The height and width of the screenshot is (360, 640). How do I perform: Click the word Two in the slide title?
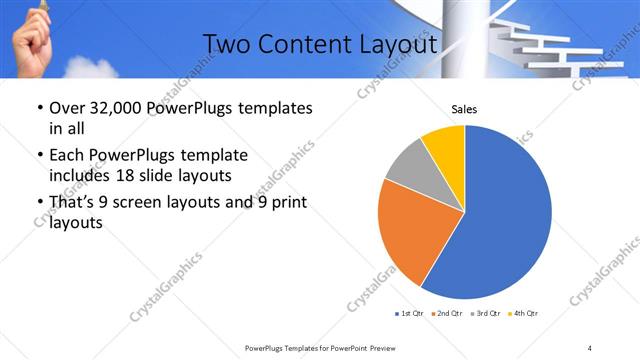[226, 45]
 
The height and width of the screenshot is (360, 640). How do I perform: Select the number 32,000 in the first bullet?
[116, 108]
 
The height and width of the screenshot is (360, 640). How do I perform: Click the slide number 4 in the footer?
[590, 347]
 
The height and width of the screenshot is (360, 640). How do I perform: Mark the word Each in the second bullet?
[67, 156]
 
